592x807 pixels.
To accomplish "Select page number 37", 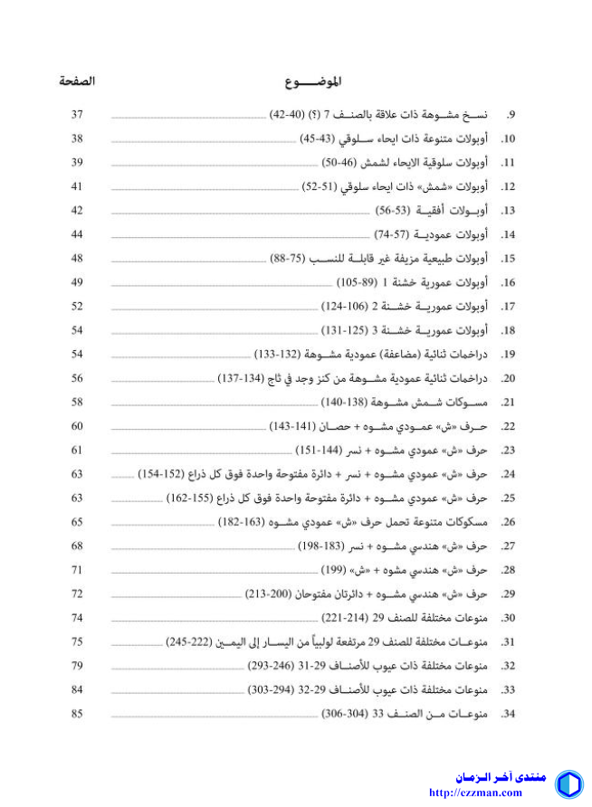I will click(x=77, y=115).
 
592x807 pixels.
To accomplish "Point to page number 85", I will click(x=77, y=714).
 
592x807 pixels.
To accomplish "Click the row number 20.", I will click(x=509, y=378).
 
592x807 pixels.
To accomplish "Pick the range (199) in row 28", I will click(x=335, y=570).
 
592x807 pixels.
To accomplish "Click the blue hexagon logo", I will click(x=568, y=783).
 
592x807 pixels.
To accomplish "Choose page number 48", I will click(x=77, y=259).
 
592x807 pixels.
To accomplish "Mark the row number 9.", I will click(x=511, y=115).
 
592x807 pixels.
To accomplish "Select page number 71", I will click(x=77, y=570).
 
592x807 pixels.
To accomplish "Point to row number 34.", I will click(x=509, y=714).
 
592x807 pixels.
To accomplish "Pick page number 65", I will click(x=77, y=522).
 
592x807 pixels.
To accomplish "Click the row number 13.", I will click(x=509, y=211).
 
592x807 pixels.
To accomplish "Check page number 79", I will click(x=77, y=666).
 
